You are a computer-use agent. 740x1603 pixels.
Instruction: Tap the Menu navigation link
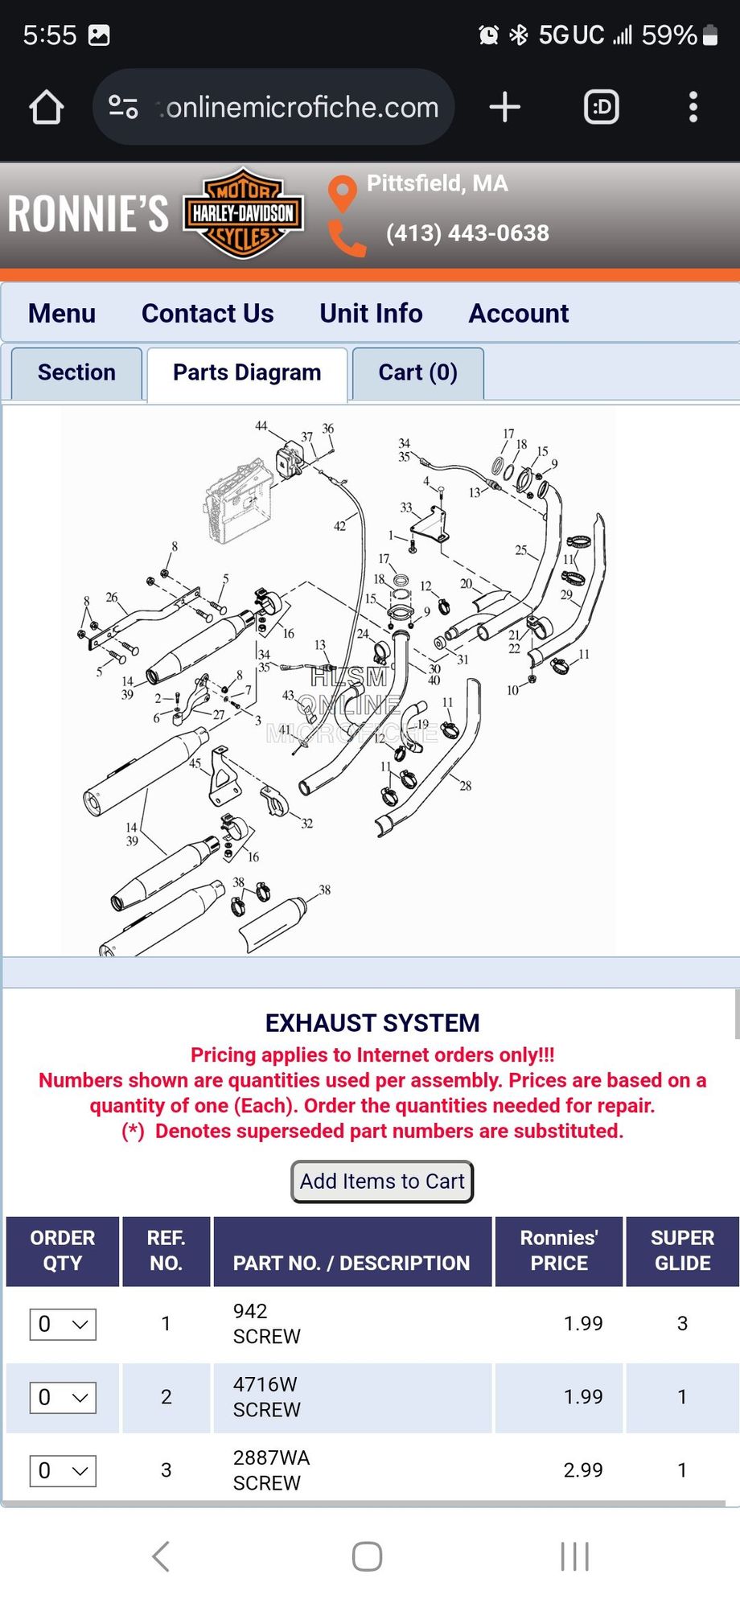62,313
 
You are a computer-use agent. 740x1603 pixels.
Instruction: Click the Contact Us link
208,313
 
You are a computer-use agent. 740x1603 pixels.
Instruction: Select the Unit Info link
371,313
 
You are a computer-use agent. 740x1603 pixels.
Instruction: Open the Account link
519,313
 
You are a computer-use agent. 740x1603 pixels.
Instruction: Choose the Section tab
76,372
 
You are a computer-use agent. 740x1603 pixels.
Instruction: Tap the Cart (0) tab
418,372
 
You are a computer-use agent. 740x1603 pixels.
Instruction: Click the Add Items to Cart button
382,1182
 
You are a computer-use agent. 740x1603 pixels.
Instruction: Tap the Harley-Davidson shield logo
244,213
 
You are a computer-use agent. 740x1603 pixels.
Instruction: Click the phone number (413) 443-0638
467,233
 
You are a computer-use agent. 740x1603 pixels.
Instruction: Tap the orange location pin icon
343,194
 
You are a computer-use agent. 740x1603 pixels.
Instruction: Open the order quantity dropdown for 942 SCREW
63,1324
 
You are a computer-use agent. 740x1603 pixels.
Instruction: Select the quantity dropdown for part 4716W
63,1397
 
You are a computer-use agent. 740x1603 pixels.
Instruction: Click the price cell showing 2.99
583,1470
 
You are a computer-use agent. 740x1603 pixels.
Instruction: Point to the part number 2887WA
271,1457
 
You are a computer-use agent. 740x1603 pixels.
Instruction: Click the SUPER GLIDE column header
682,1251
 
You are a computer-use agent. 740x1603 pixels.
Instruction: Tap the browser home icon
47,107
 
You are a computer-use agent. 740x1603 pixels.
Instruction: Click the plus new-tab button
505,107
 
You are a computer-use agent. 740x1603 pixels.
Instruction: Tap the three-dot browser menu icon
693,107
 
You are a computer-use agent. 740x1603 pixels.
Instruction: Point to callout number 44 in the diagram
261,425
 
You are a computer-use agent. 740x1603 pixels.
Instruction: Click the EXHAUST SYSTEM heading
372,1023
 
